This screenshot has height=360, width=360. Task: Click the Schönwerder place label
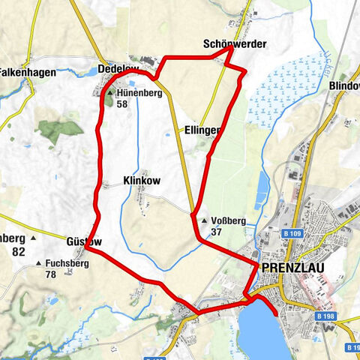234,44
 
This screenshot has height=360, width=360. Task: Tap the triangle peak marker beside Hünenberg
109,93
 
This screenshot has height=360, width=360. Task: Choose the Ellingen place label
202,130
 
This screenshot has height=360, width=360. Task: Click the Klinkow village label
141,181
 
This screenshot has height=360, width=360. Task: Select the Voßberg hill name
229,221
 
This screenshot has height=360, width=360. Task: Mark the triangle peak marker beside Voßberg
204,221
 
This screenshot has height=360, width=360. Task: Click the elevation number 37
217,232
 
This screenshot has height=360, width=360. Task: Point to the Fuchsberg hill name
67,264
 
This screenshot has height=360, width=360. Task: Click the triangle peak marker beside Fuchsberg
39,264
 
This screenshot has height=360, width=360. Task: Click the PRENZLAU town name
289,267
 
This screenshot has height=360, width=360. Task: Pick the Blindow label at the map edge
344,86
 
